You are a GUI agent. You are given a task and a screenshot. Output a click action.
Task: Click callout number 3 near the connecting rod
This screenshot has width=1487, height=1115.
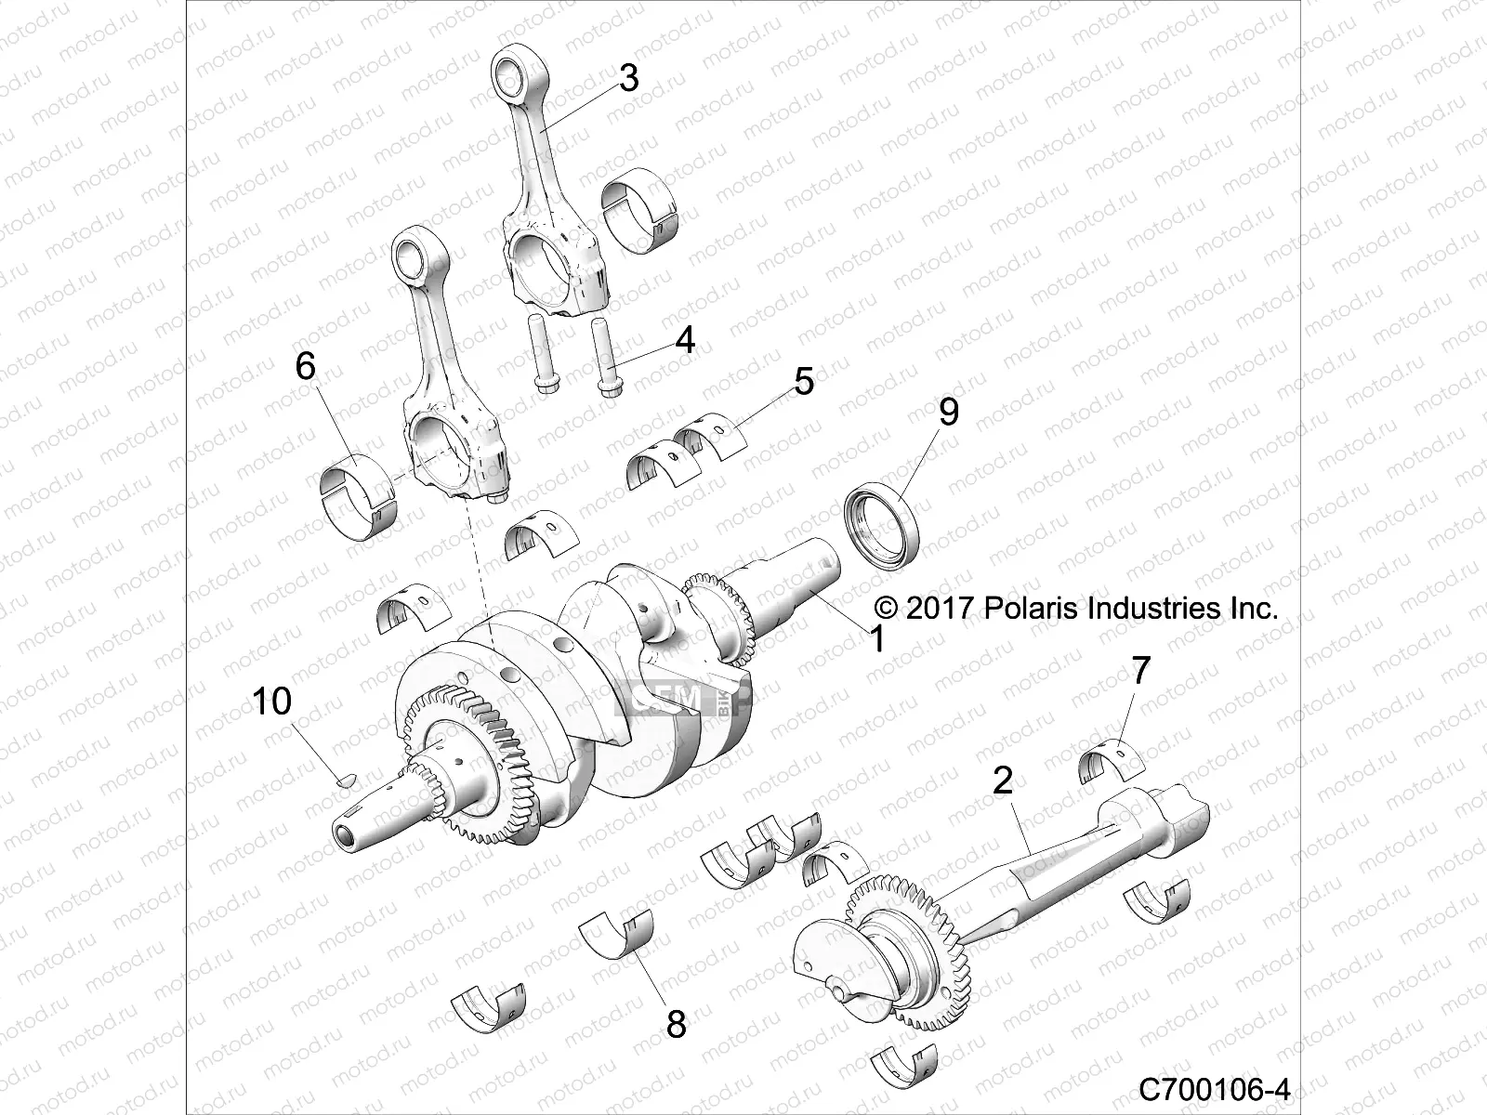[628, 79]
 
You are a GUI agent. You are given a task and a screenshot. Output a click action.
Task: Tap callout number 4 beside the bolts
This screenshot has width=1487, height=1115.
[685, 340]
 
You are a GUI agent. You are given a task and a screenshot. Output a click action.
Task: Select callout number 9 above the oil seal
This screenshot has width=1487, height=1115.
[948, 412]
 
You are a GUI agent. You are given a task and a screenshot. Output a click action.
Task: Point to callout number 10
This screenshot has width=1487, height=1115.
[272, 702]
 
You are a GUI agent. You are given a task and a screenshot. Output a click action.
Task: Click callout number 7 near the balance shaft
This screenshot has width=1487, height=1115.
[1140, 670]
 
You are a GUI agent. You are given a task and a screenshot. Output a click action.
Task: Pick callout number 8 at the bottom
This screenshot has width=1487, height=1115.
[677, 1025]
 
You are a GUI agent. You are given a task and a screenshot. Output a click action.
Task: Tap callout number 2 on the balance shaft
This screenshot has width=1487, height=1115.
[1002, 781]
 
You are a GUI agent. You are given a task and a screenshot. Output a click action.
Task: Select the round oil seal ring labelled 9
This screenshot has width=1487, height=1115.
[882, 524]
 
